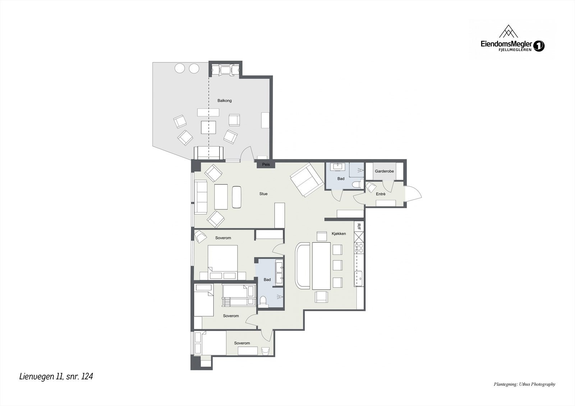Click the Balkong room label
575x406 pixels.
coord(225,101)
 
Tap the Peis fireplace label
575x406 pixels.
coord(266,164)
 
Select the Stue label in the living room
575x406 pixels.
coord(263,194)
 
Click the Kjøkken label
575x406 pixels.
coord(339,234)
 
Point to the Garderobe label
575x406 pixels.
coord(384,171)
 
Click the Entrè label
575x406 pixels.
coord(381,194)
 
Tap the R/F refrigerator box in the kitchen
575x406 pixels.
coord(359,226)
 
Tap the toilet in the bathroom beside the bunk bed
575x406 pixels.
coord(263,301)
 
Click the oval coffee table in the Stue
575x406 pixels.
coord(237,197)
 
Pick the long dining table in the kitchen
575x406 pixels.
coord(321,266)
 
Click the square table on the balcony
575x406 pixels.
coord(208,127)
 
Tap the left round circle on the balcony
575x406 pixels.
coord(180,68)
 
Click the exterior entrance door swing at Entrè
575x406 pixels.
coord(413,194)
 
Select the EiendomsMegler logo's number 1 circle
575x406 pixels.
coord(539,46)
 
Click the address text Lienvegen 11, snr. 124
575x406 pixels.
coord(56,377)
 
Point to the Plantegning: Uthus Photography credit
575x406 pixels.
coord(524,384)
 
